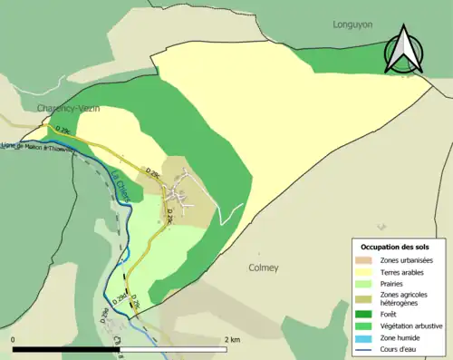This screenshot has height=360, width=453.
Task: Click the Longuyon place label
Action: click(353, 24)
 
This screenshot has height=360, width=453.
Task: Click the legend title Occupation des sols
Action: click(396, 247)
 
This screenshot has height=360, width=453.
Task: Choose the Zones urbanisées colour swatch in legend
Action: click(368, 261)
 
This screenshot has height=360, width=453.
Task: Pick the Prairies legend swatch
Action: click(368, 282)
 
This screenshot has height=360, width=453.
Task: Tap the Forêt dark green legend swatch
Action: click(368, 315)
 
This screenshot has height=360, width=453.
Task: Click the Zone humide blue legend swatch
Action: click(368, 336)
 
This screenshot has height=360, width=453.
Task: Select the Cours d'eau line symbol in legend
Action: click(368, 347)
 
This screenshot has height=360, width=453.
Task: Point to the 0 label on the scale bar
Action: click(14, 339)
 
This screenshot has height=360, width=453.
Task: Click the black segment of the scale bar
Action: click(68, 349)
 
